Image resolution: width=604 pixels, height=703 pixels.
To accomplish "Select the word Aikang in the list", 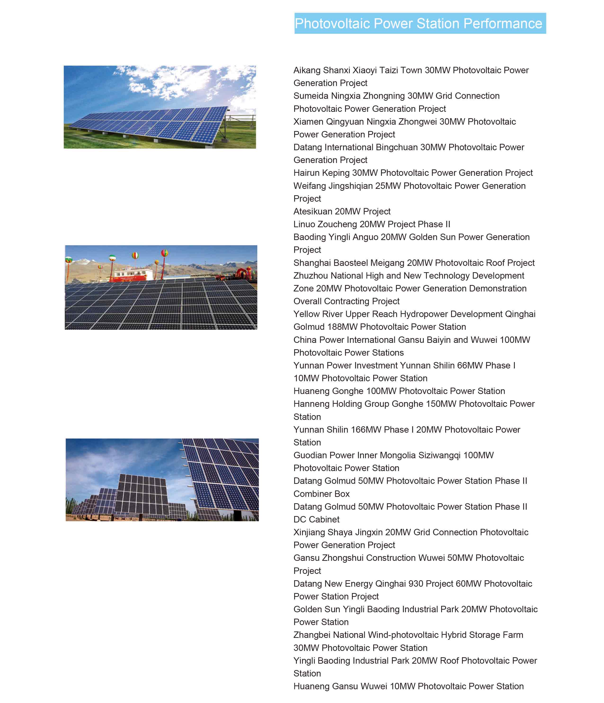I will [306, 70].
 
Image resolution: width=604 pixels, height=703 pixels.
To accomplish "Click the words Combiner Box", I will [321, 494].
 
